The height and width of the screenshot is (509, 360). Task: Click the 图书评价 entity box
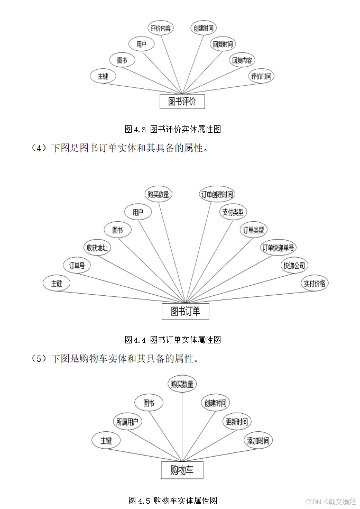(x=182, y=102)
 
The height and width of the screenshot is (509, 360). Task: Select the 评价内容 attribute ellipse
(x=161, y=28)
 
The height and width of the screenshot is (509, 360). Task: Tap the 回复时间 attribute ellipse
(x=223, y=44)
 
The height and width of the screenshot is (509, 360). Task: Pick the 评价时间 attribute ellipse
(x=261, y=76)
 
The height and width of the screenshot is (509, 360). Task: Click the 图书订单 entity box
(x=185, y=311)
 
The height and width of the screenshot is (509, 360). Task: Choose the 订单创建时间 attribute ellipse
(x=217, y=194)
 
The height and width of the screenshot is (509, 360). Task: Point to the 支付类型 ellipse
(x=233, y=212)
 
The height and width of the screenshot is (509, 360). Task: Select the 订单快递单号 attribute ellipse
(x=279, y=248)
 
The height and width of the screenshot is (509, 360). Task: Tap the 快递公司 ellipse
(x=294, y=266)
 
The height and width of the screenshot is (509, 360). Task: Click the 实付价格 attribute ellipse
(x=315, y=283)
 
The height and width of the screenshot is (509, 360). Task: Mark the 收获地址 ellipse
(x=97, y=248)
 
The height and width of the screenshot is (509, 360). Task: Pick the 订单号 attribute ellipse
(x=77, y=266)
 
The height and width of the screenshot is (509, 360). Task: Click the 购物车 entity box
(x=182, y=470)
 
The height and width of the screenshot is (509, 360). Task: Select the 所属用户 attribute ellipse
(x=127, y=422)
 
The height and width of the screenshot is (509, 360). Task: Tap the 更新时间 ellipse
(x=236, y=422)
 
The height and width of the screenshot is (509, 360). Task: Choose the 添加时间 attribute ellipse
(x=259, y=440)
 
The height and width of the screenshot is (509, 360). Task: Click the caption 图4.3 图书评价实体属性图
(x=172, y=129)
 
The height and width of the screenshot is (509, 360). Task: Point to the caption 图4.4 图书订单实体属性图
(x=172, y=340)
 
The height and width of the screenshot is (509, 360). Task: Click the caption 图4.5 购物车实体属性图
(x=173, y=500)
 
